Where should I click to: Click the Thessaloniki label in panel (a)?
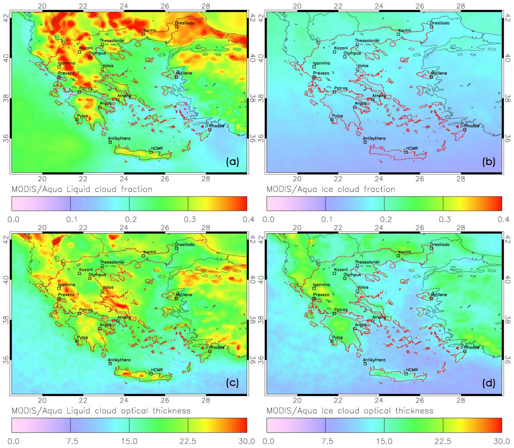[x=112, y=41]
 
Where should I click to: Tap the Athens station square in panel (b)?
[x=372, y=100]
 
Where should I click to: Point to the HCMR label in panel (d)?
[x=412, y=370]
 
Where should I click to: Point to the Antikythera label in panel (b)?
[x=374, y=138]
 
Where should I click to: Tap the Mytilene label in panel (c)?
[x=184, y=295]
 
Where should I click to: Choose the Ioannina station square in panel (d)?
[x=314, y=289]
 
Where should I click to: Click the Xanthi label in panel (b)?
[x=404, y=30]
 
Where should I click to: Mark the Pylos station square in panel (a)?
[x=77, y=120]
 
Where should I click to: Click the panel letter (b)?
[x=487, y=162]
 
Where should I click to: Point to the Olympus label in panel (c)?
[x=97, y=275]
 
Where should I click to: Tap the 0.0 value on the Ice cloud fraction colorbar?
[x=268, y=219]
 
